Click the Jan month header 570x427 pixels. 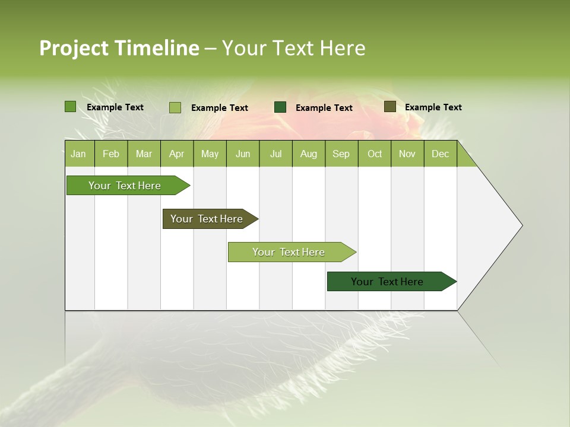point(78,154)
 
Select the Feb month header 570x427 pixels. point(111,154)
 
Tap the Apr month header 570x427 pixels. point(176,154)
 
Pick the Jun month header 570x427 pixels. point(243,154)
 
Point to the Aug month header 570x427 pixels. point(308,154)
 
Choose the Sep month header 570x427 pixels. point(341,154)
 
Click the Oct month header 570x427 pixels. point(375,154)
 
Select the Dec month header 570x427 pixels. point(440,154)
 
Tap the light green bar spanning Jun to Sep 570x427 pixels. point(289,252)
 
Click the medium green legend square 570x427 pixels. point(70,107)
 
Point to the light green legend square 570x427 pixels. point(175,107)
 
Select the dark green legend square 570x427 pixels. point(280,107)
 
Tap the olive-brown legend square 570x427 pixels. point(389,107)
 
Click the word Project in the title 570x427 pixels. point(74,48)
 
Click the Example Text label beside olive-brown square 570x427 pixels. point(433,107)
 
